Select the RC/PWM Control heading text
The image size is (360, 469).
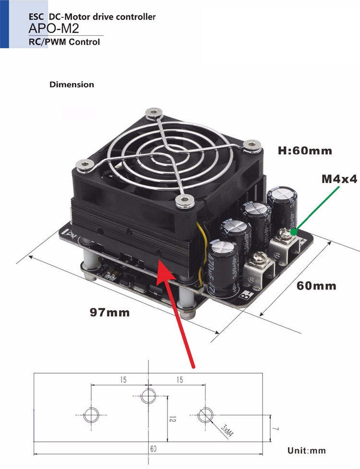64,42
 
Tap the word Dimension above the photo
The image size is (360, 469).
72,84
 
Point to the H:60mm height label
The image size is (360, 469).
305,151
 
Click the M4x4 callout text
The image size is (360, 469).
326,179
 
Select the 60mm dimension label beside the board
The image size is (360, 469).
316,286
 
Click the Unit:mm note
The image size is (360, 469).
306,450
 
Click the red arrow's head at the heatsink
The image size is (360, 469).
161,265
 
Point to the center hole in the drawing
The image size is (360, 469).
148,396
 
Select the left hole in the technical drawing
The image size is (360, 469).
91,414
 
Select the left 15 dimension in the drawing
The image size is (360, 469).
123,380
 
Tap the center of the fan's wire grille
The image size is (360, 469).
167,153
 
